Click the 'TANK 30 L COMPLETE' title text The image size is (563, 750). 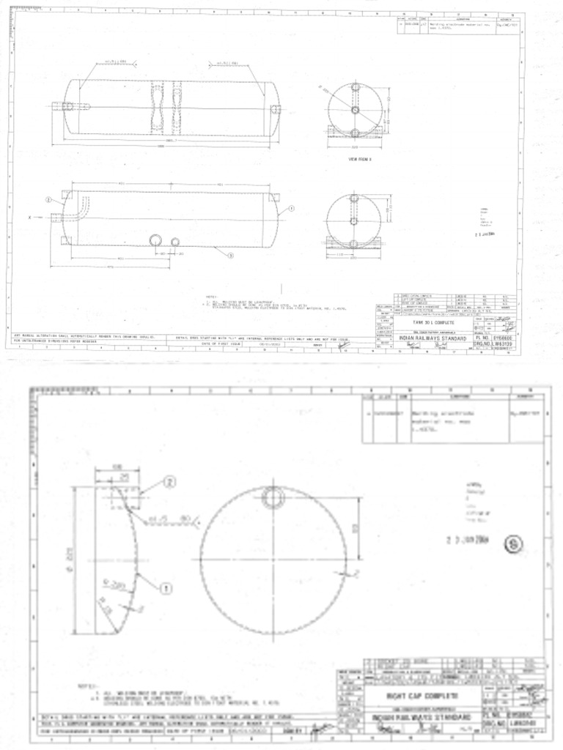434,322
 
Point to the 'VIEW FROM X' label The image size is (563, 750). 360,158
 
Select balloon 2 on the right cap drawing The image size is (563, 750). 169,481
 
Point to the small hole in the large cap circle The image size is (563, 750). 273,499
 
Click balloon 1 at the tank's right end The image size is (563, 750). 291,208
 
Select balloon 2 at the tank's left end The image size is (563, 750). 48,199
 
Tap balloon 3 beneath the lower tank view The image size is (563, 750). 230,256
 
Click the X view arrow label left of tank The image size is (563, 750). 30,218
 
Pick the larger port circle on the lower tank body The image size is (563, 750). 156,241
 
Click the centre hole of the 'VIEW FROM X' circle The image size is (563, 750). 354,220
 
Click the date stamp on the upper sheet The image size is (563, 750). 485,234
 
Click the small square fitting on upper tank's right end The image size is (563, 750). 276,109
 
